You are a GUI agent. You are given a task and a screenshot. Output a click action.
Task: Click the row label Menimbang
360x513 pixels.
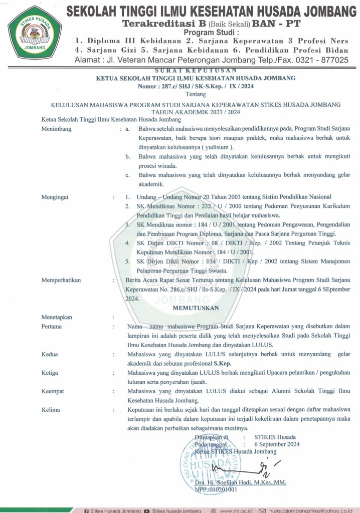57,129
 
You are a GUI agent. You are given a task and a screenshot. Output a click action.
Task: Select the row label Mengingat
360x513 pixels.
56,197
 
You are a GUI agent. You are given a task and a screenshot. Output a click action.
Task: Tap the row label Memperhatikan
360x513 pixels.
61,281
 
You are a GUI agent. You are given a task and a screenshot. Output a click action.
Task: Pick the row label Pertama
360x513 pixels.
52,327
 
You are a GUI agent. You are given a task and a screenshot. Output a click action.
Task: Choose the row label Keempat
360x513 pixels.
53,391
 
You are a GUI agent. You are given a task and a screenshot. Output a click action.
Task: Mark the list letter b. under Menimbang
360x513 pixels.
128,157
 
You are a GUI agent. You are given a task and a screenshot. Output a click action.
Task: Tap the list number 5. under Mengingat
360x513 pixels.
128,261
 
